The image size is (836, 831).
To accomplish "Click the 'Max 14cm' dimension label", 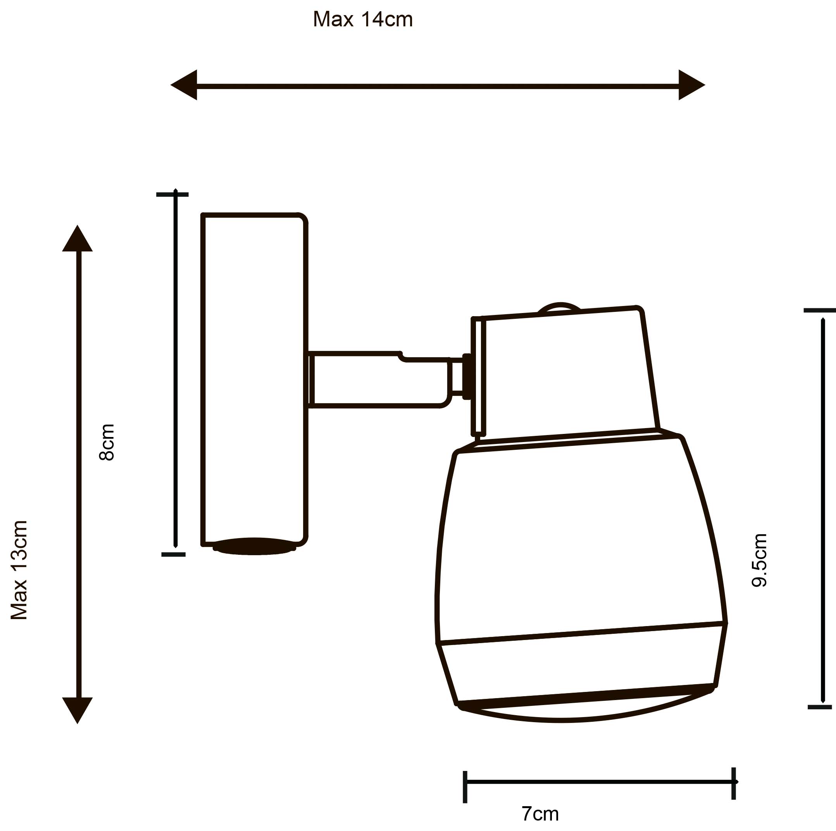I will [363, 20].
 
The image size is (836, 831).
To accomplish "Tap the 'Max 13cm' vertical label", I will [19, 570].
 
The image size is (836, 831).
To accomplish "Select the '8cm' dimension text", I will [107, 442].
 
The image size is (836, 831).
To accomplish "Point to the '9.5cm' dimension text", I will [759, 560].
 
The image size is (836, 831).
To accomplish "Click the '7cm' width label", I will [540, 813].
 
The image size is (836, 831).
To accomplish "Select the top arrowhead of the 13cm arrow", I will [78, 239].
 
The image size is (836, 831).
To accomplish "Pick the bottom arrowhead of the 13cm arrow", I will [78, 709].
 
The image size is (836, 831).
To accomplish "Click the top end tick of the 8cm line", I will [172, 194].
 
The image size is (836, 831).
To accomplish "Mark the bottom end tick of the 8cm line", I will [174, 554].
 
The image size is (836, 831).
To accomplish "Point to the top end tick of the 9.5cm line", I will [819, 311].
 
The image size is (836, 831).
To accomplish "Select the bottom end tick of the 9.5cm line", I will [820, 707].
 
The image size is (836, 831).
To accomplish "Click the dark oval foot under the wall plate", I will [254, 546].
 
